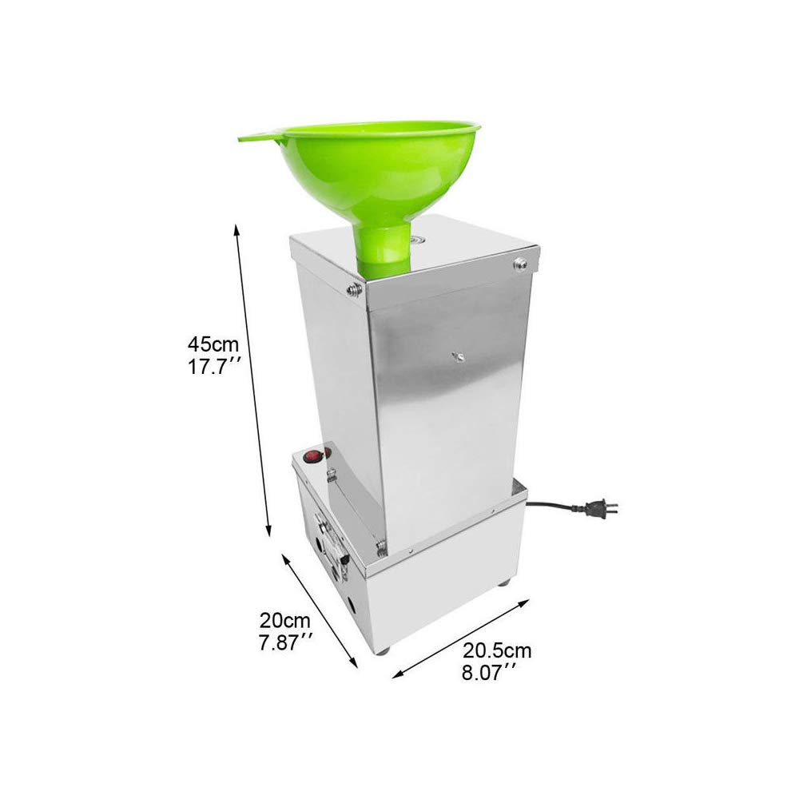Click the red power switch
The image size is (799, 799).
click(x=312, y=456)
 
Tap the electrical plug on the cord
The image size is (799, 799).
click(x=602, y=507)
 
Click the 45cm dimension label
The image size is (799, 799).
click(x=213, y=344)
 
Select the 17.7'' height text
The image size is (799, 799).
click(x=214, y=367)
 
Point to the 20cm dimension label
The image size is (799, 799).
click(x=285, y=621)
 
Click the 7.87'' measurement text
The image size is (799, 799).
click(x=285, y=642)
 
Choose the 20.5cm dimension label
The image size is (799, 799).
click(x=497, y=650)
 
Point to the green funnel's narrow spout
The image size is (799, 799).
click(x=384, y=248)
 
